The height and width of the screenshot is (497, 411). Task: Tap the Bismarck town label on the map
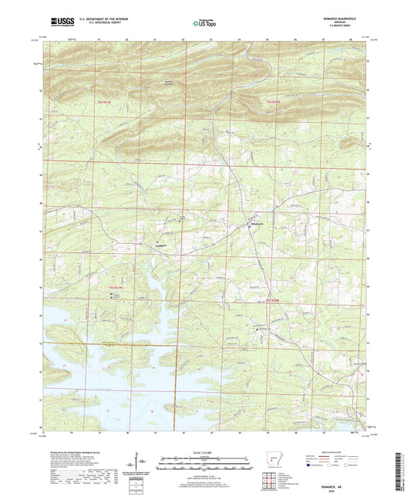point(258,225)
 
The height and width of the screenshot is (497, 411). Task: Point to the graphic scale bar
point(205,465)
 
